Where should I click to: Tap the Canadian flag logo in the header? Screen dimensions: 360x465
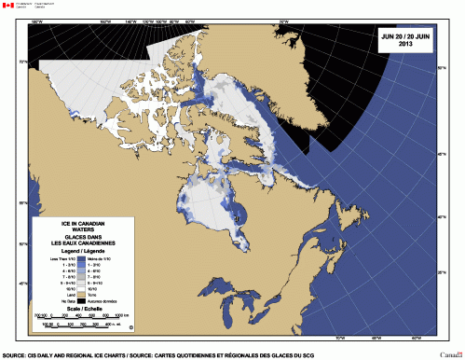pyautogui.click(x=8, y=6)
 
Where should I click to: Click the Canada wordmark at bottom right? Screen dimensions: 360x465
pyautogui.click(x=449, y=353)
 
